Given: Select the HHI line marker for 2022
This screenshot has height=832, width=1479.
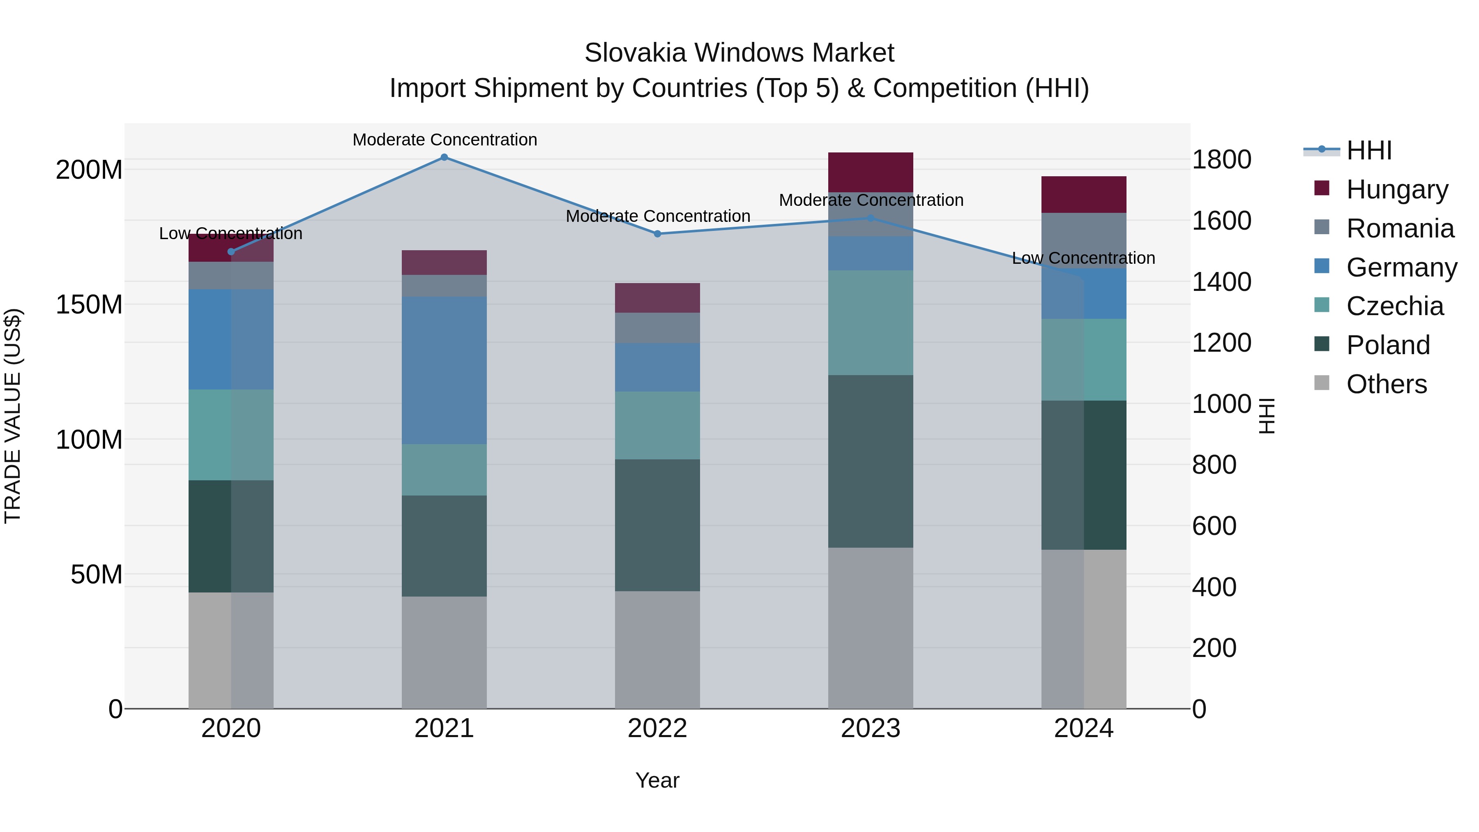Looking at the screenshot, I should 657,234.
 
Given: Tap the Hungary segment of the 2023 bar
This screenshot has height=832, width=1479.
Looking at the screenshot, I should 871,172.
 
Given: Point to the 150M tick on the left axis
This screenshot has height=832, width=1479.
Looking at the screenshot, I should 89,304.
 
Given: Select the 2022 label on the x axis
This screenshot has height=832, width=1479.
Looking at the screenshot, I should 657,728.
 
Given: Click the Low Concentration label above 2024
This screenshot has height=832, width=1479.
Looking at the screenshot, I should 1083,258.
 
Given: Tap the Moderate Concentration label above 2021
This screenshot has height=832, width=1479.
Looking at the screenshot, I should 445,140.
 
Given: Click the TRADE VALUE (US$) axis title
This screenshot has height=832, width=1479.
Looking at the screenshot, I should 13,416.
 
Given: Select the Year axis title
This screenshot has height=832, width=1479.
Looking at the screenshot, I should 657,780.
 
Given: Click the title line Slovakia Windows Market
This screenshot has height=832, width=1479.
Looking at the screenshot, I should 739,53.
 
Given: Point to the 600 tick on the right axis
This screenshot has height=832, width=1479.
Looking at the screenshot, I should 1214,526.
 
